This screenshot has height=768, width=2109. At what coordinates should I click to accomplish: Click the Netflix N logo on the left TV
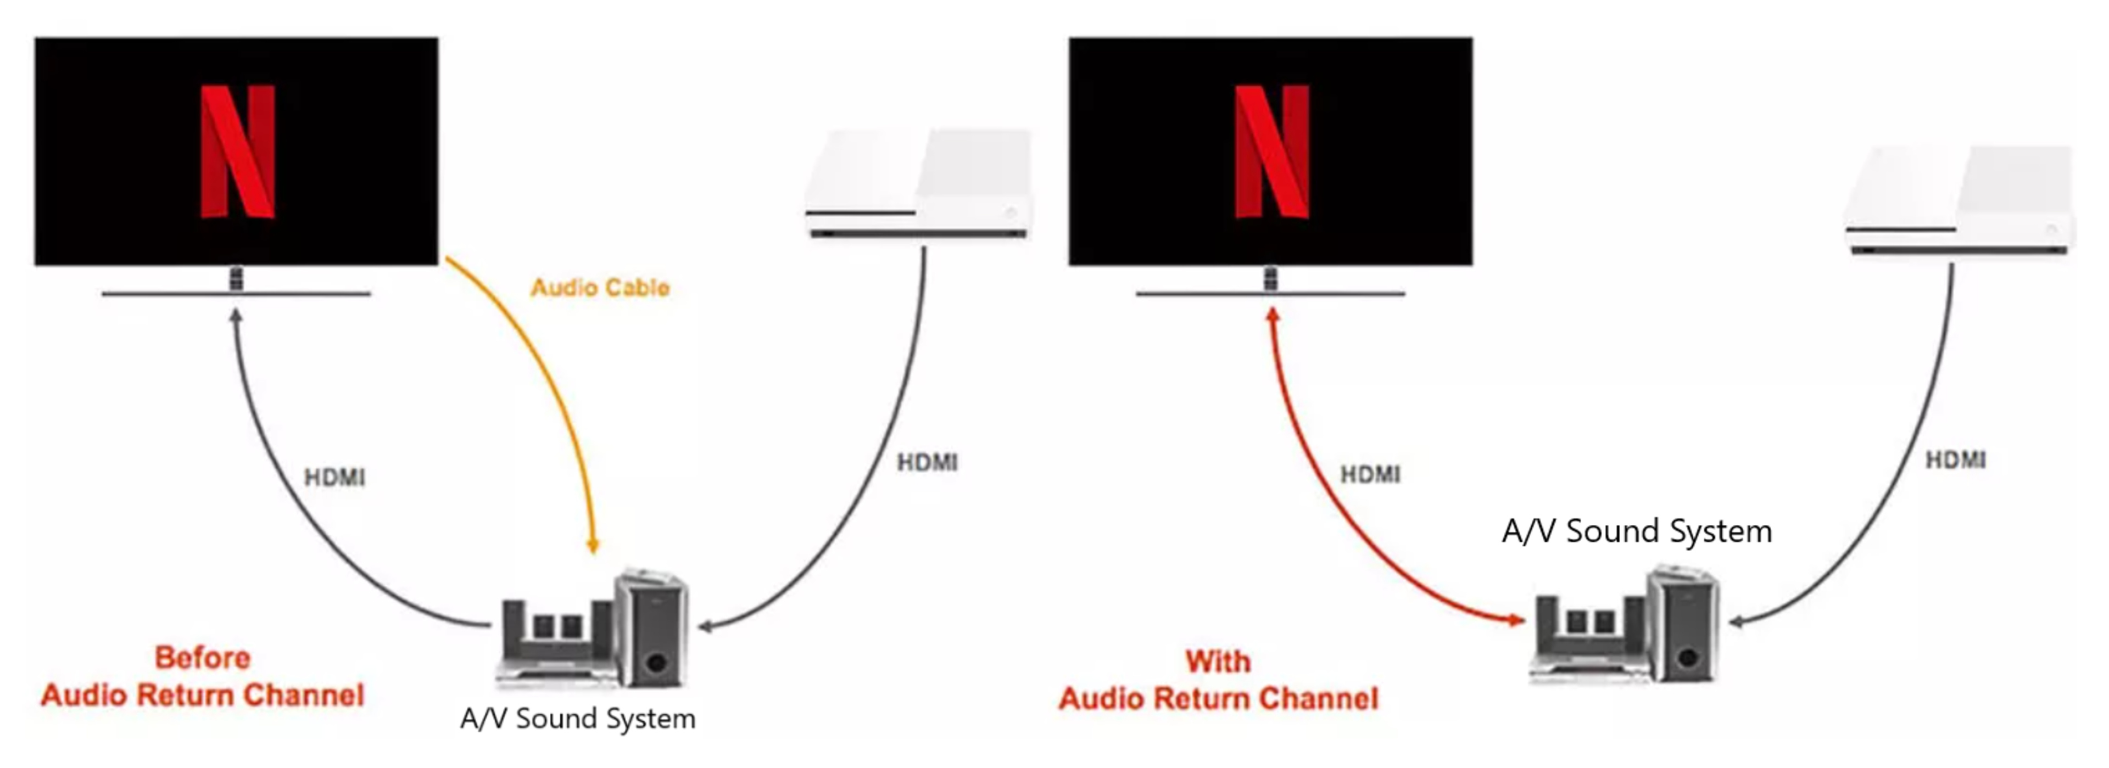(x=237, y=152)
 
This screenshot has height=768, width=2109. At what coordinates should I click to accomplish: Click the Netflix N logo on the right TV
(x=1271, y=152)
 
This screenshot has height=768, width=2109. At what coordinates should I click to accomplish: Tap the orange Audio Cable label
(x=600, y=288)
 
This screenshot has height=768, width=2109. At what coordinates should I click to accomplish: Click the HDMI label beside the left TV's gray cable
(x=334, y=478)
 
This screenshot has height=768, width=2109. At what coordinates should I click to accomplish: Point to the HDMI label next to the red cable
(x=1370, y=474)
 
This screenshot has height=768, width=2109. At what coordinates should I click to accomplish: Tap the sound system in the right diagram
(x=1625, y=626)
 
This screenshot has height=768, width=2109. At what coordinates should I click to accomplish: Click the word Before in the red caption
(x=202, y=658)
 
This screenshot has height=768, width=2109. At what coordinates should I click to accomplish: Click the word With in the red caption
(x=1218, y=661)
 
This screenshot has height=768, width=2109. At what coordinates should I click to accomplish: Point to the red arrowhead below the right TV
(x=1273, y=315)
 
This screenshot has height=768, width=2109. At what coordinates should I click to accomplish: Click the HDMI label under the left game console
(x=927, y=463)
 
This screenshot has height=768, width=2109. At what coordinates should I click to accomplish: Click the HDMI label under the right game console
(x=1955, y=460)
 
